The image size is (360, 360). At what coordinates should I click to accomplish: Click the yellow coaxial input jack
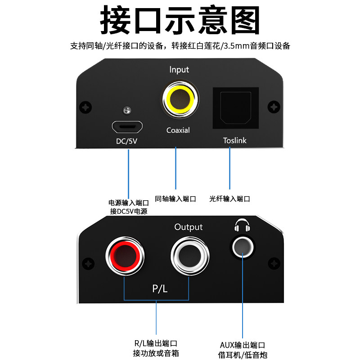180,99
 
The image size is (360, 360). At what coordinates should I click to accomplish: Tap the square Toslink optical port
235,108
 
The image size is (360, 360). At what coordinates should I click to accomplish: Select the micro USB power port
127,127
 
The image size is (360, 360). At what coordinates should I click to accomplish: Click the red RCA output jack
125,256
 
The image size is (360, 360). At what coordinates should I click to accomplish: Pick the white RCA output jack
190,256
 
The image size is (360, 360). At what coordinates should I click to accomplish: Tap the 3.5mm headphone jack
243,247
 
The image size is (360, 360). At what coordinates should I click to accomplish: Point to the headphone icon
242,225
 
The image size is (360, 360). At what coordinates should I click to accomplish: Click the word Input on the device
179,70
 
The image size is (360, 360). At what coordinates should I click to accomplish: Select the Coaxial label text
178,130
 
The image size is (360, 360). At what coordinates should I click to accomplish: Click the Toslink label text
234,140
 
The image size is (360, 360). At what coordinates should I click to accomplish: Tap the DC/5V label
126,141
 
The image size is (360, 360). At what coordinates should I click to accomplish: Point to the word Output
188,227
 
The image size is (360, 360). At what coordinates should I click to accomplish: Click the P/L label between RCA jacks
160,288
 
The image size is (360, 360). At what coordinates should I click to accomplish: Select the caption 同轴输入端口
175,198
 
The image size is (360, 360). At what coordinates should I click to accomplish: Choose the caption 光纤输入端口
229,198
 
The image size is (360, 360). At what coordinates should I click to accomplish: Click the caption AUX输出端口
243,345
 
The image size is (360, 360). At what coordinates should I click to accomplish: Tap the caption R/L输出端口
156,343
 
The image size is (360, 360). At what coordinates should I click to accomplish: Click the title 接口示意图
180,20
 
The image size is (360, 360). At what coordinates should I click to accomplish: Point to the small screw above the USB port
127,110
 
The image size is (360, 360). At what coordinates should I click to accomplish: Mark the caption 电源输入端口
129,203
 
